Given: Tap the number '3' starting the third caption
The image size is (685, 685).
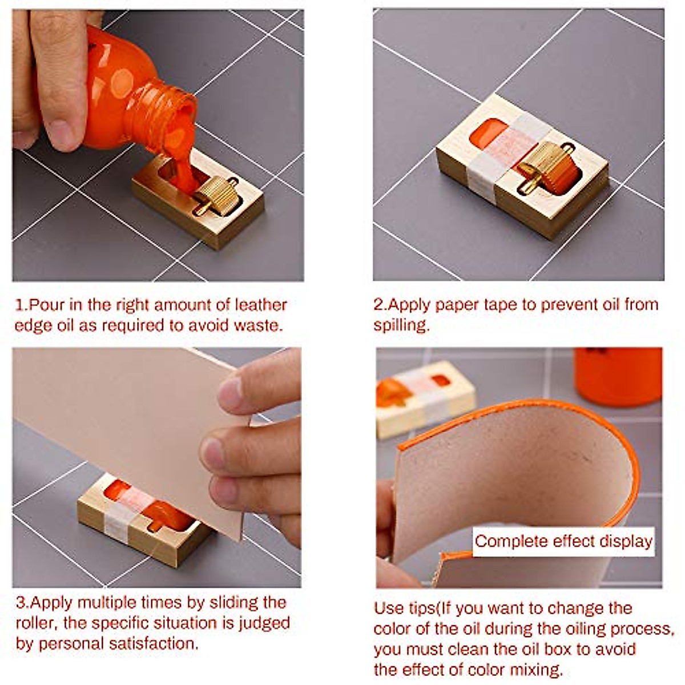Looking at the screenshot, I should coord(20,603).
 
